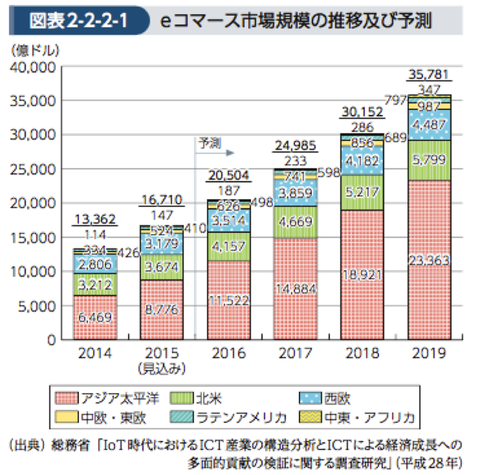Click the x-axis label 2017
pos(296,353)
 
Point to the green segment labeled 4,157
pos(229,247)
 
